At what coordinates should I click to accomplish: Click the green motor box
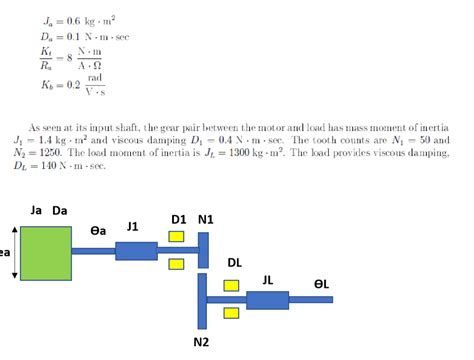point(46,252)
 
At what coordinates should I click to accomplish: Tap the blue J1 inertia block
point(136,250)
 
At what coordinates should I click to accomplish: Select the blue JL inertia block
point(267,299)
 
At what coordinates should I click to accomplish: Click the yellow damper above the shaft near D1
point(176,237)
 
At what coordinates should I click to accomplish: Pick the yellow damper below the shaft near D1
point(176,264)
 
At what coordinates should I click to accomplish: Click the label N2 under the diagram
point(202,343)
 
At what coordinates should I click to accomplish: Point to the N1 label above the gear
point(207,219)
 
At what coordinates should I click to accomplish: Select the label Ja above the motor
point(36,211)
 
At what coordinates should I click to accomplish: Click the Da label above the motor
point(60,211)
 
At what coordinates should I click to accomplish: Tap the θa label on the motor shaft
point(99,231)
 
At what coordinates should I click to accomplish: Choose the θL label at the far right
point(322,284)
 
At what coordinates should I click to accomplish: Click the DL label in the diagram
point(235,262)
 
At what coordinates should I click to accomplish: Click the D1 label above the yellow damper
point(179,219)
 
